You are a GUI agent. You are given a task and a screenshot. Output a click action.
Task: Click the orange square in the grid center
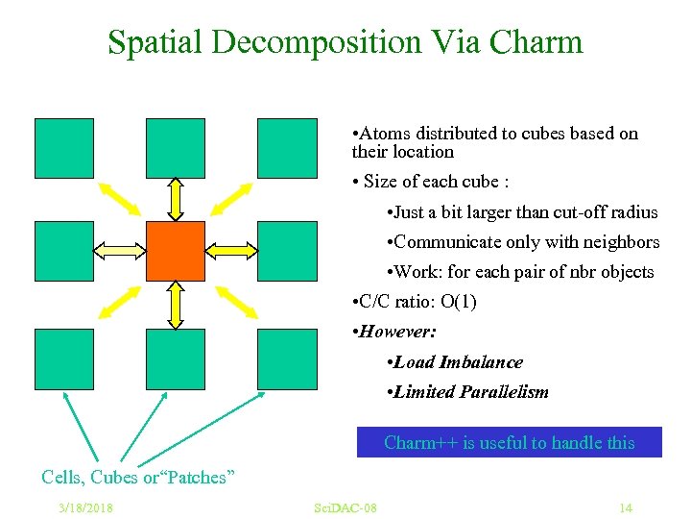point(176,251)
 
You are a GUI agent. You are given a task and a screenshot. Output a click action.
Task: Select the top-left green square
point(64,147)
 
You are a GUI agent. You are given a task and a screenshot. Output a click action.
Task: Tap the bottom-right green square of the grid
point(287,358)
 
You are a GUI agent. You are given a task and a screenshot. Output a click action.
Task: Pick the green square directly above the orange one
point(176,147)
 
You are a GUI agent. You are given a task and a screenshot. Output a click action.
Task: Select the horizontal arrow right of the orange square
point(231,251)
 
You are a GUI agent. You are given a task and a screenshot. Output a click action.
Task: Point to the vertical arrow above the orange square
point(176,199)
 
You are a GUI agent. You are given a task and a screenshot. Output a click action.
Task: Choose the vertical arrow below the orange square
point(176,305)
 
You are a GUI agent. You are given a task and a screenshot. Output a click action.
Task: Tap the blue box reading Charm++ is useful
point(509,442)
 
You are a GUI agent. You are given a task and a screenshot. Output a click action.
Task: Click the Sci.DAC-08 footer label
point(345,507)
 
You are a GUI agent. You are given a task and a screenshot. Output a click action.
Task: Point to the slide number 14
point(626,507)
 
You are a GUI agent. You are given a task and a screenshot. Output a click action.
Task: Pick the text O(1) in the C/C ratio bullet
point(458,302)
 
